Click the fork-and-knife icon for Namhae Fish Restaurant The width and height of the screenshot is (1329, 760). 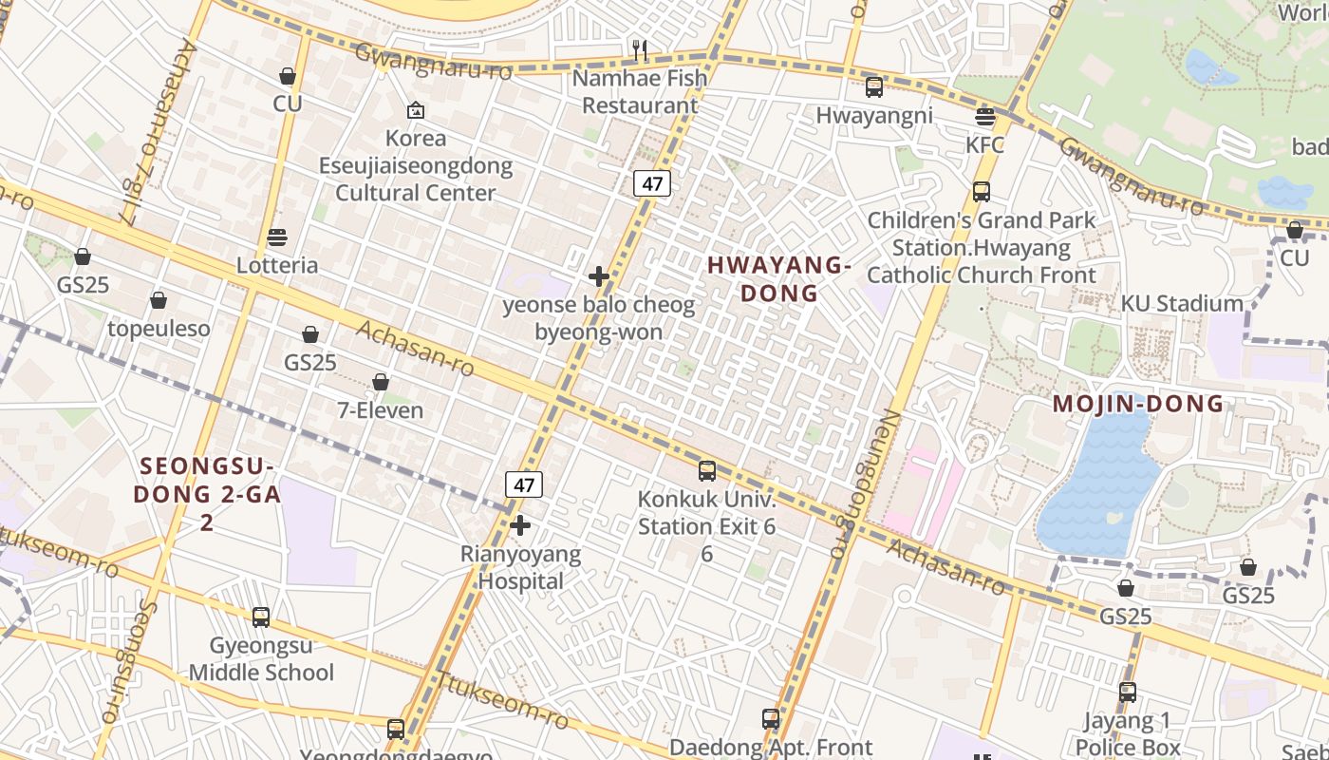coord(641,49)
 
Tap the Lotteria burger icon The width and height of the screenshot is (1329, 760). coord(277,237)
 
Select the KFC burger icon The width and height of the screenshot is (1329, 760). coord(985,117)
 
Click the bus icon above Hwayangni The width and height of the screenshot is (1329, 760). coord(874,87)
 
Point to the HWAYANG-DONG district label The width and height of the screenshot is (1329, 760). coord(778,279)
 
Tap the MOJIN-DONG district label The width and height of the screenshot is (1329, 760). coord(1138,404)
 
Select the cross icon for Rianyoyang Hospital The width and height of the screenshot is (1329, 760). coord(519,525)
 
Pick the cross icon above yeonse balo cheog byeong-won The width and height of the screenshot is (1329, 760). coord(599,276)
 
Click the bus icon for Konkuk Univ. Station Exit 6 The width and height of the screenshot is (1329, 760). coord(706,470)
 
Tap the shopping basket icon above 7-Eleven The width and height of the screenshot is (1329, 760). coord(381,382)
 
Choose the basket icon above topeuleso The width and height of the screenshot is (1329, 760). coord(159,300)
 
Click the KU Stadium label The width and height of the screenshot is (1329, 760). coord(1182,304)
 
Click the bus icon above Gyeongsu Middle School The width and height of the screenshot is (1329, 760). coord(261,617)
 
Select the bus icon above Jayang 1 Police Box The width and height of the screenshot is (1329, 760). coord(1128,692)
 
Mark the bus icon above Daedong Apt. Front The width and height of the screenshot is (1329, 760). coord(771,719)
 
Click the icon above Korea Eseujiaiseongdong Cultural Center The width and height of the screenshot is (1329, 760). coord(415,110)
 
